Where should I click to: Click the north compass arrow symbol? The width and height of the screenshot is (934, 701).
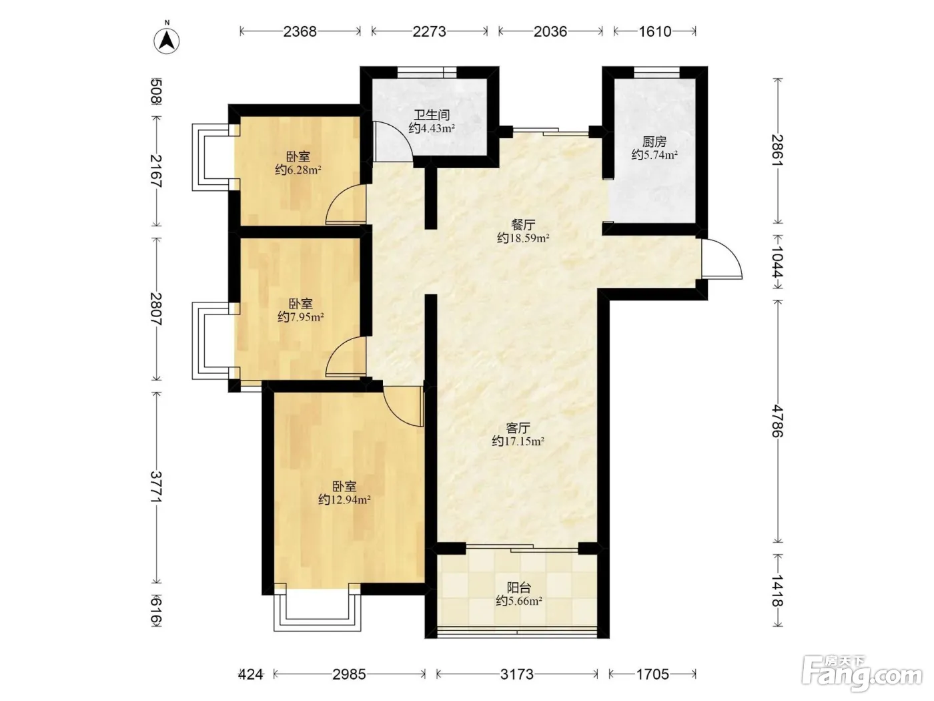pyautogui.click(x=166, y=41)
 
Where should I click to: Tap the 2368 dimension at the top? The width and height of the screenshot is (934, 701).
pyautogui.click(x=300, y=31)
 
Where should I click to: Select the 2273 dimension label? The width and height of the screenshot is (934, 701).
pyautogui.click(x=430, y=31)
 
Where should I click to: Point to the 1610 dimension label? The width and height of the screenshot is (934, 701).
pyautogui.click(x=655, y=31)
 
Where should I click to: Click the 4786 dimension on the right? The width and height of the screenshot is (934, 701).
pyautogui.click(x=778, y=421)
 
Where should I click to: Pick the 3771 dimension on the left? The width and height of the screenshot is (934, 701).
pyautogui.click(x=156, y=487)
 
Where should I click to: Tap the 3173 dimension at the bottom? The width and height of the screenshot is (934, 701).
pyautogui.click(x=516, y=674)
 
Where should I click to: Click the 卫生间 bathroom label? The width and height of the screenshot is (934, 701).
pyautogui.click(x=432, y=115)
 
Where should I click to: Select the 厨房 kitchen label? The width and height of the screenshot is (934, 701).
pyautogui.click(x=654, y=142)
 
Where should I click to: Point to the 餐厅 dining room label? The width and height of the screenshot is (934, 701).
pyautogui.click(x=523, y=224)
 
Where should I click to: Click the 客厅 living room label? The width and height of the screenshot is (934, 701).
pyautogui.click(x=518, y=427)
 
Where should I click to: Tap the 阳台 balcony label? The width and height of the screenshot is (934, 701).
pyautogui.click(x=518, y=588)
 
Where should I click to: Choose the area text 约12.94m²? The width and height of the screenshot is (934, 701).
pyautogui.click(x=344, y=499)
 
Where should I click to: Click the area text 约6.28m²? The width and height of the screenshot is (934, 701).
pyautogui.click(x=298, y=170)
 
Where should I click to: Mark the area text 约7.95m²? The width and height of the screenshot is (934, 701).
pyautogui.click(x=301, y=317)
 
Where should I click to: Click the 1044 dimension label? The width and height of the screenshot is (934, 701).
pyautogui.click(x=778, y=262)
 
